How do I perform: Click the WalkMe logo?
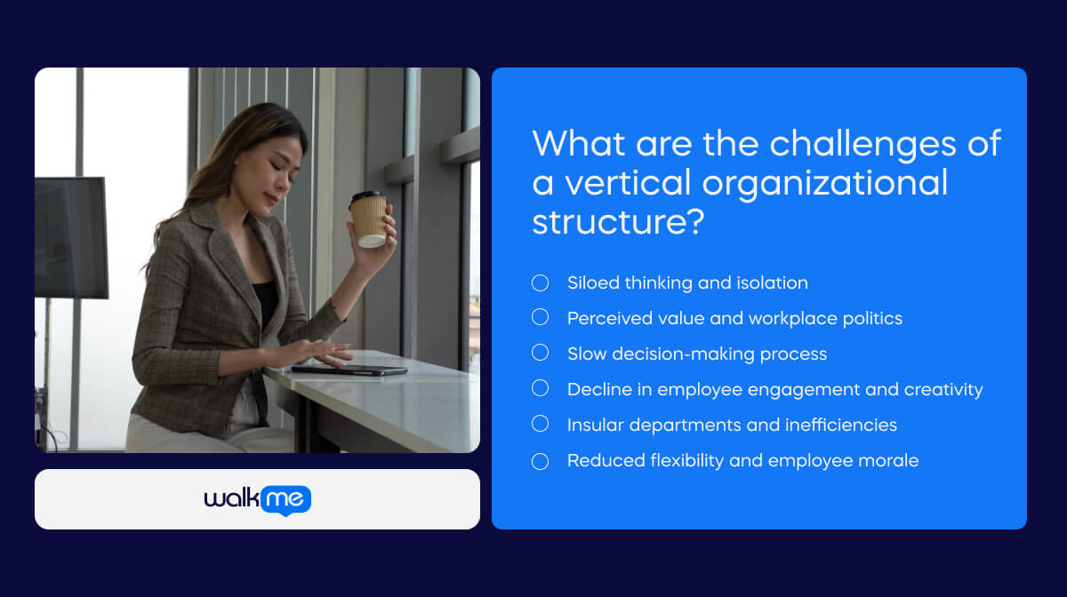(x=257, y=499)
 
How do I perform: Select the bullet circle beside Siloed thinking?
(x=540, y=283)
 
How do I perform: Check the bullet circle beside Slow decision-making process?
(x=540, y=354)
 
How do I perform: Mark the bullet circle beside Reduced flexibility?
(x=540, y=461)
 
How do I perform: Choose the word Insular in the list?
(x=598, y=425)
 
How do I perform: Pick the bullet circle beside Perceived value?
(x=540, y=318)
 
